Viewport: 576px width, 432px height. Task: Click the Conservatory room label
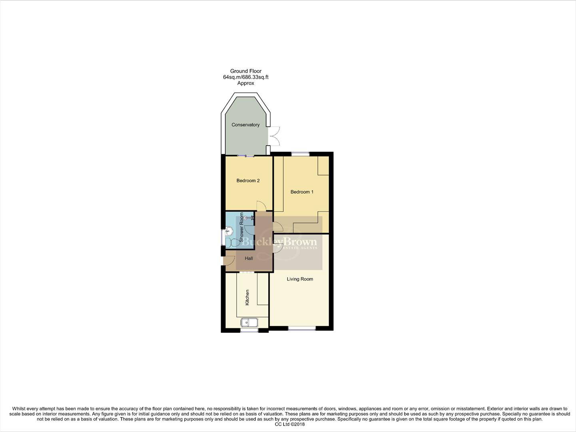pos(245,125)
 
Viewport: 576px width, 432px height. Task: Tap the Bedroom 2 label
pos(248,181)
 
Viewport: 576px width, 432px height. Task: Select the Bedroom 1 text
pos(302,192)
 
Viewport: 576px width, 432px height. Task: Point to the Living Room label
pos(300,279)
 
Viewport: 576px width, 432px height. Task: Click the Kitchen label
pos(247,298)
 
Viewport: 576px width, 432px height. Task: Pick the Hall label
pos(249,258)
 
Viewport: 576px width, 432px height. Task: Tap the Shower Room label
pos(241,227)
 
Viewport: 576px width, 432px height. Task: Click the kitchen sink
pos(249,322)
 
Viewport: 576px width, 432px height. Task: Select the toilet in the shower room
pos(233,242)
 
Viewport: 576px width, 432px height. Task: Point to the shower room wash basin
pos(229,231)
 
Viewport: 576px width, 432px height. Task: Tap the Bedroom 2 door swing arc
pos(261,206)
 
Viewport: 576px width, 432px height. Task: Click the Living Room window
pos(302,329)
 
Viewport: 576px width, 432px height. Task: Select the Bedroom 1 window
pos(300,154)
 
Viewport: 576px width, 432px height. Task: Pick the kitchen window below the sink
pos(249,331)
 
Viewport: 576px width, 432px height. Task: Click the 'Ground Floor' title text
pos(245,71)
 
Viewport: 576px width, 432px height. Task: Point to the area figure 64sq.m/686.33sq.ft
pos(245,77)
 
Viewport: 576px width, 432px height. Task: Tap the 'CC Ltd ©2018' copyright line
pos(290,424)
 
